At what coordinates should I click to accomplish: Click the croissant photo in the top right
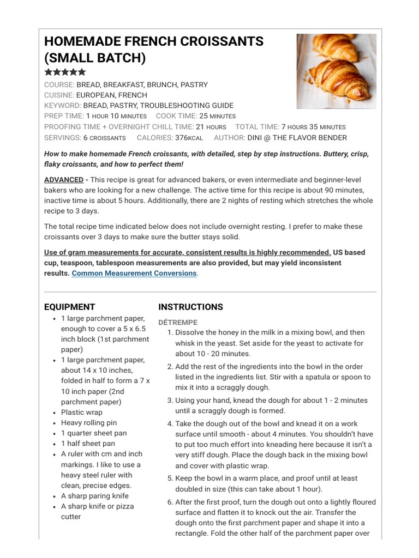336,71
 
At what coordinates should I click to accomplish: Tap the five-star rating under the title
65,72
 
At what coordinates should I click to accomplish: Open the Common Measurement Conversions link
134,273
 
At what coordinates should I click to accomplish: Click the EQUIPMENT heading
69,307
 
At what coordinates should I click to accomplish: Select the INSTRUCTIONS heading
190,307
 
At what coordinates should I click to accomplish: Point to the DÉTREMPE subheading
178,322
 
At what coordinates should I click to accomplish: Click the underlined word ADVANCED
63,180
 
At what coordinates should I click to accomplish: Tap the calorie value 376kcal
190,138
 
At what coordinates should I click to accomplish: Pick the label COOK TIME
176,116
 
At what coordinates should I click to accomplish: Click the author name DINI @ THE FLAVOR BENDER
297,138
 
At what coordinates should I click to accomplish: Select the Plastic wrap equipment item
82,413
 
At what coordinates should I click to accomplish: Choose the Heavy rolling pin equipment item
89,423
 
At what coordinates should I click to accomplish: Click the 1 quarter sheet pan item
94,433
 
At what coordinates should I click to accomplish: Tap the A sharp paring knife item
95,496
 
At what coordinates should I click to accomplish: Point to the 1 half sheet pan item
88,444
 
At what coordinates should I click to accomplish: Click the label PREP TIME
63,116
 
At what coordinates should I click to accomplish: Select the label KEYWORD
62,106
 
